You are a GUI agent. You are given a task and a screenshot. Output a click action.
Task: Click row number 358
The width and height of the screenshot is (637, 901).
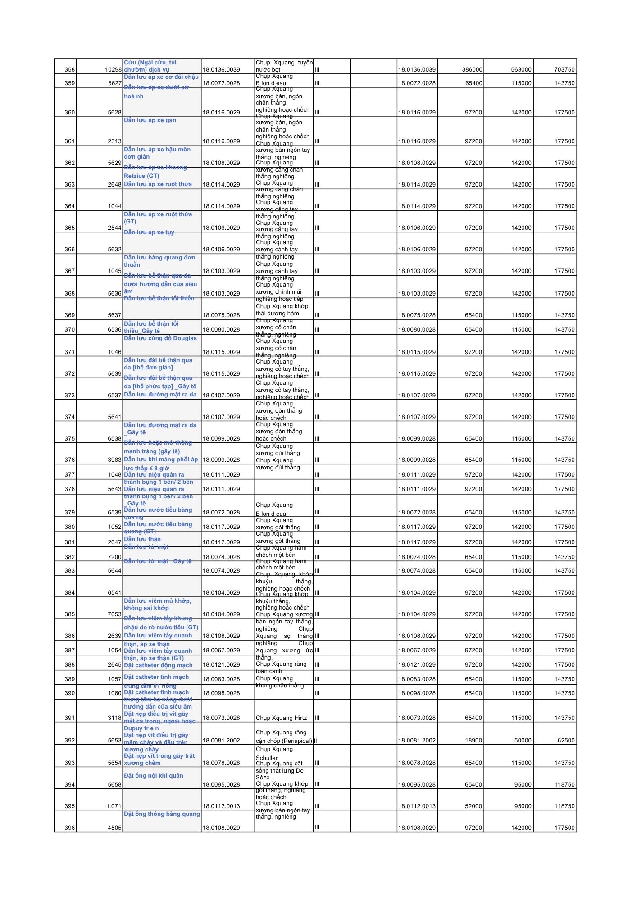click(69, 70)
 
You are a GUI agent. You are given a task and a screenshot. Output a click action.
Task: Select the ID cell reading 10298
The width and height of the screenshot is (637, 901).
click(113, 70)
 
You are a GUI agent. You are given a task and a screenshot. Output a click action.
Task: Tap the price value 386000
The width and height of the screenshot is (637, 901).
click(472, 70)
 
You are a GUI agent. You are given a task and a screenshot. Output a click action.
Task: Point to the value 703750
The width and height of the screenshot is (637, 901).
click(564, 70)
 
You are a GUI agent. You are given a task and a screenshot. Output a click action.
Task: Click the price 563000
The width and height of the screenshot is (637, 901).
click(521, 70)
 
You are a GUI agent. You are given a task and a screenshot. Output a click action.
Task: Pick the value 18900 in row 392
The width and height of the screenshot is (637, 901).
click(473, 740)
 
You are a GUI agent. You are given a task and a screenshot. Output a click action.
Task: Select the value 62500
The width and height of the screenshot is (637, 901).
click(566, 740)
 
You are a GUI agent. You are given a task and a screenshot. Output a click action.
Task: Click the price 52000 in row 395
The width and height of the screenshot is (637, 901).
click(473, 806)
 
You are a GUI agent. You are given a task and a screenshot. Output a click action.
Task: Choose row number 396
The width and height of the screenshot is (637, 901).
click(69, 828)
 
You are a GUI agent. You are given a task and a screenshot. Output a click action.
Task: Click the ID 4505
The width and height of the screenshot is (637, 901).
click(114, 828)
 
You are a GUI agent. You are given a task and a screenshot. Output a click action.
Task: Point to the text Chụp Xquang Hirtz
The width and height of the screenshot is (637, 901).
click(281, 718)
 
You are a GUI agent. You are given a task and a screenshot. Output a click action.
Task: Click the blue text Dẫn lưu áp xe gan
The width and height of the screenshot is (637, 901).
click(150, 120)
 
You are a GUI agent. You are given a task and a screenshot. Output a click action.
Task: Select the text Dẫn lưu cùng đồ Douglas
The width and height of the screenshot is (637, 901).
click(160, 338)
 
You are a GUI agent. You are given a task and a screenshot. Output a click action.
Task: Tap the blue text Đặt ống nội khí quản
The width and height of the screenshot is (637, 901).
click(154, 775)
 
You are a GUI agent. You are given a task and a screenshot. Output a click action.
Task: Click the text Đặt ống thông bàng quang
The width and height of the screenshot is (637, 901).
click(162, 814)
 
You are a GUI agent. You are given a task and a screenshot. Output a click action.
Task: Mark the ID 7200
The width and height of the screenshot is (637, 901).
click(114, 557)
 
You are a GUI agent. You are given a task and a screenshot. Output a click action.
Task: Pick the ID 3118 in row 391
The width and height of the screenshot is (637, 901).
click(114, 718)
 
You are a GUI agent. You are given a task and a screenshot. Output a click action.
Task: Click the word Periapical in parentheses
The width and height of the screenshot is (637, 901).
click(297, 741)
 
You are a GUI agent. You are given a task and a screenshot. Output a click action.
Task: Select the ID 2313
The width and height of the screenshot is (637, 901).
click(114, 141)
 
